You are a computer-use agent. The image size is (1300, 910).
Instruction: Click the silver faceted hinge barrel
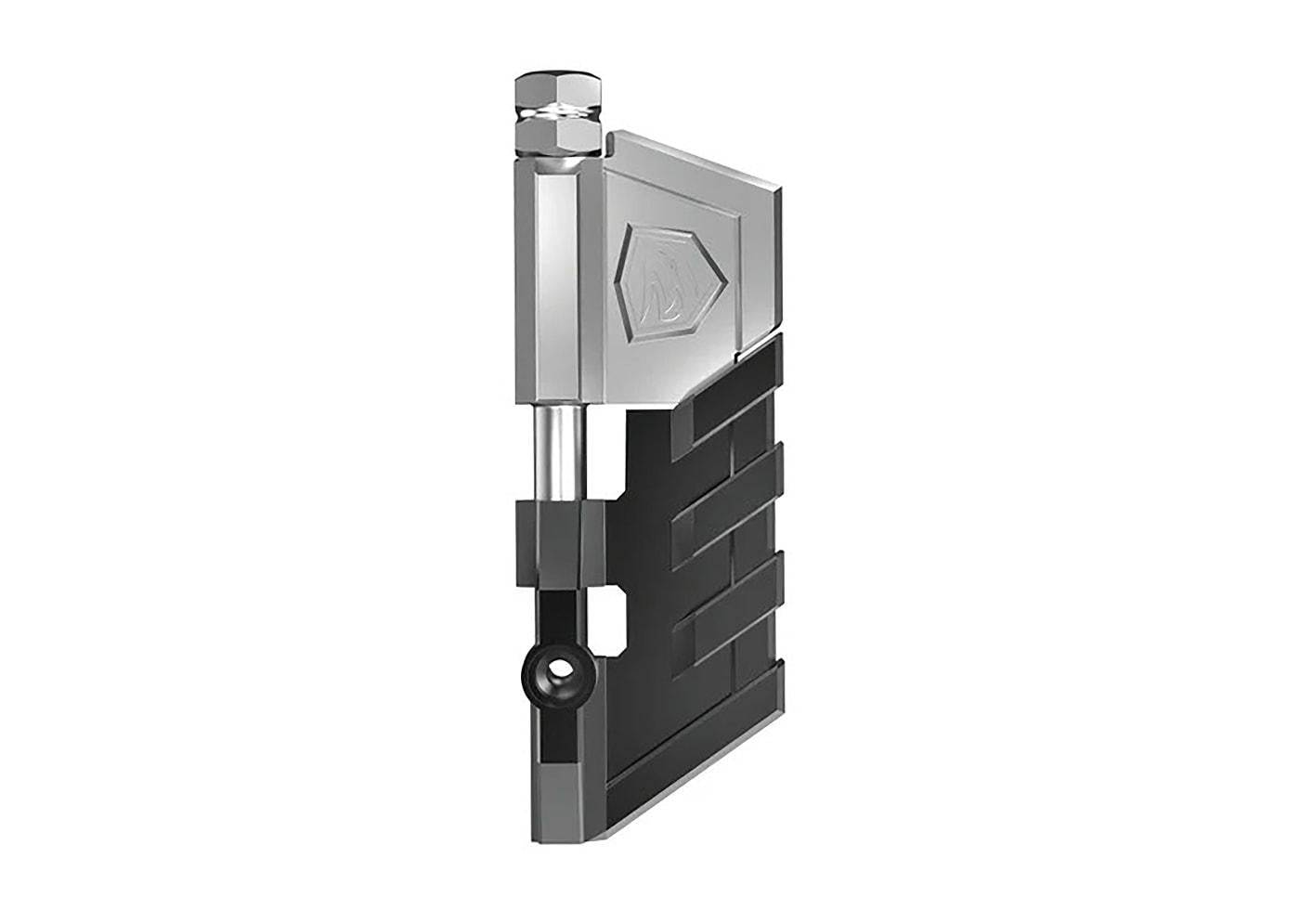point(557,279)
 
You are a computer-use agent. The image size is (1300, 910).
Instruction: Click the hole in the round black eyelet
point(557,669)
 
